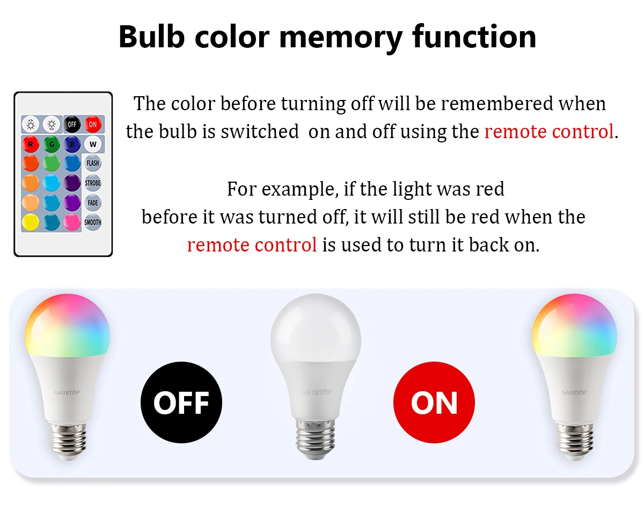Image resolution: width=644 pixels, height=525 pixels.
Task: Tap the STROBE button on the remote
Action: point(92,183)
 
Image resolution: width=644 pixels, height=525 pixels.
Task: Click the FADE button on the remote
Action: point(92,203)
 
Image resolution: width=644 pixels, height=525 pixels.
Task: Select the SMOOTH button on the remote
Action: point(92,222)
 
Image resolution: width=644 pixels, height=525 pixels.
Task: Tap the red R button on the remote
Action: point(31,144)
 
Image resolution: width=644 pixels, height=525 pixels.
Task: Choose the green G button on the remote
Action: point(52,144)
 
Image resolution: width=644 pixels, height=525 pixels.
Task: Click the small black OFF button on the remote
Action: point(72,124)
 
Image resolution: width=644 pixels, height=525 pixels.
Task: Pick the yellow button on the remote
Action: point(31,222)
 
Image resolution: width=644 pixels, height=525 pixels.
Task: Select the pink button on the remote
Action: point(72,222)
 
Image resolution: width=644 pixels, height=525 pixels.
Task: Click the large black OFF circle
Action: point(181,402)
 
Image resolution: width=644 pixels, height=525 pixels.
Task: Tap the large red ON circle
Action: point(434,402)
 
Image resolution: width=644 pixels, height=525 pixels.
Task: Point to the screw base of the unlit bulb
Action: point(316,440)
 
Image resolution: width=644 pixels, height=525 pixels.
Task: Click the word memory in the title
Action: point(341,38)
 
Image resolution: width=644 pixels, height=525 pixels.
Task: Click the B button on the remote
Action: point(72,144)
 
